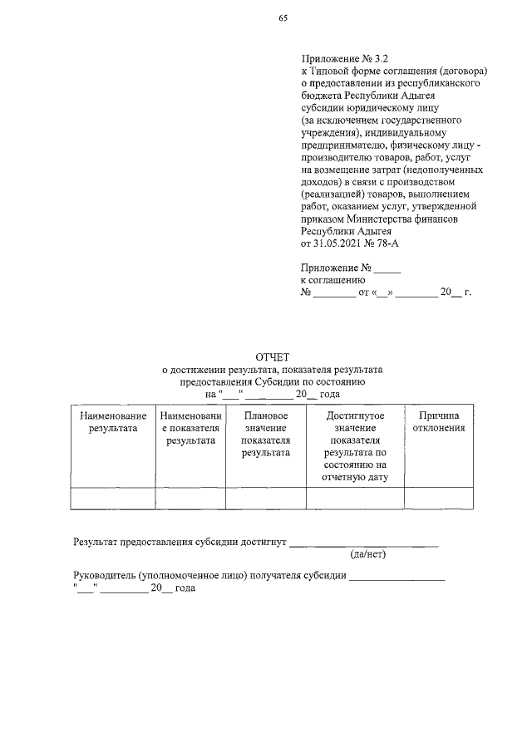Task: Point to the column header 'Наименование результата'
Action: pos(113,421)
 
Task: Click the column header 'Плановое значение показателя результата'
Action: pos(266,434)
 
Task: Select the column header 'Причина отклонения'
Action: pos(438,421)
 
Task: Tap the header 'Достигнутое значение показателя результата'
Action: pos(355,445)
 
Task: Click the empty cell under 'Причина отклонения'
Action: pos(438,497)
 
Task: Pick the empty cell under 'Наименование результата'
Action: pos(113,497)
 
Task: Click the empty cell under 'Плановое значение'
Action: pos(266,497)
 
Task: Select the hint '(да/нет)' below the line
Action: pos(368,553)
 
